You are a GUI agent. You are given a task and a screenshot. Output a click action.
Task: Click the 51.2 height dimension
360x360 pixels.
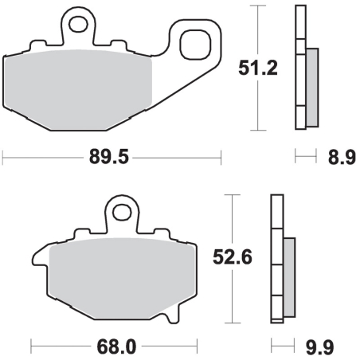258,68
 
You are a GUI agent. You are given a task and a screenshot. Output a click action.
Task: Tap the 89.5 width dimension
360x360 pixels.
109,157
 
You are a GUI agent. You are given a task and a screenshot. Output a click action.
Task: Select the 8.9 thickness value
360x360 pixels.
342,157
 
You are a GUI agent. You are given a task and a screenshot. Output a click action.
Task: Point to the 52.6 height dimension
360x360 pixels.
233,257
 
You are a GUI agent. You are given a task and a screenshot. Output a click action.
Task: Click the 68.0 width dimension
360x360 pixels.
116,346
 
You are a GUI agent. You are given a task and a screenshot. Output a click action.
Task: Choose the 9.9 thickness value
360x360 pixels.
319,347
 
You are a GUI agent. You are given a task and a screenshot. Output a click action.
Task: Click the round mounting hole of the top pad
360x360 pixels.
78,24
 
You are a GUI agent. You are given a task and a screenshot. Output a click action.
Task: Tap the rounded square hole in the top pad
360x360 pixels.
195,45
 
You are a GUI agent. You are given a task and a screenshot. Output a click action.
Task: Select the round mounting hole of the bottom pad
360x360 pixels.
122,212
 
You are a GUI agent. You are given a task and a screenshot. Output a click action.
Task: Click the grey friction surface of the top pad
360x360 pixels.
78,90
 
